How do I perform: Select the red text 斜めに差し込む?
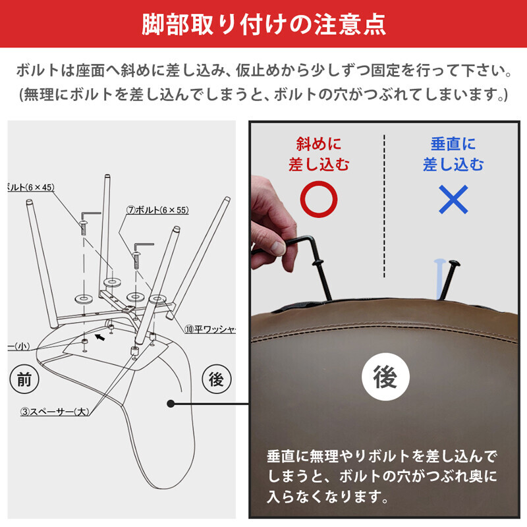(x=319, y=153)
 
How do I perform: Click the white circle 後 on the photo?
(x=386, y=377)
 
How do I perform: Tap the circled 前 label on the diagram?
(x=24, y=379)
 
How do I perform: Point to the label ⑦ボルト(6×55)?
(x=157, y=210)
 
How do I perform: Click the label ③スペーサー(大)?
(x=55, y=412)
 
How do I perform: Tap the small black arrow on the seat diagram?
(x=99, y=337)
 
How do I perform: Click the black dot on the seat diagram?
(x=171, y=403)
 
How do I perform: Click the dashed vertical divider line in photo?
(x=384, y=204)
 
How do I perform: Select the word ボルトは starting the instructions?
(x=41, y=70)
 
